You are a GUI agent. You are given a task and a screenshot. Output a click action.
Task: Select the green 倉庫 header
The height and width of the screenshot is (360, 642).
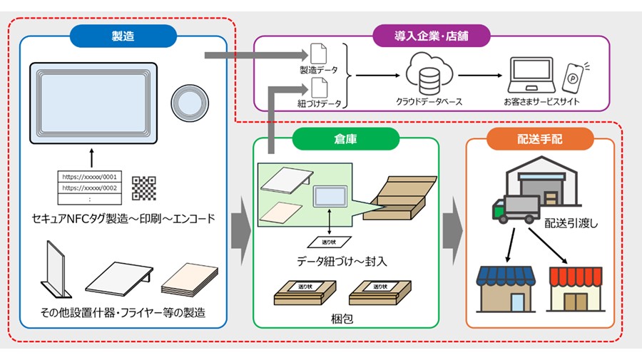click(347, 140)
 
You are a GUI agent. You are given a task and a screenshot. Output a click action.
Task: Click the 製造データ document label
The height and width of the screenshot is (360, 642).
click(318, 71)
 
